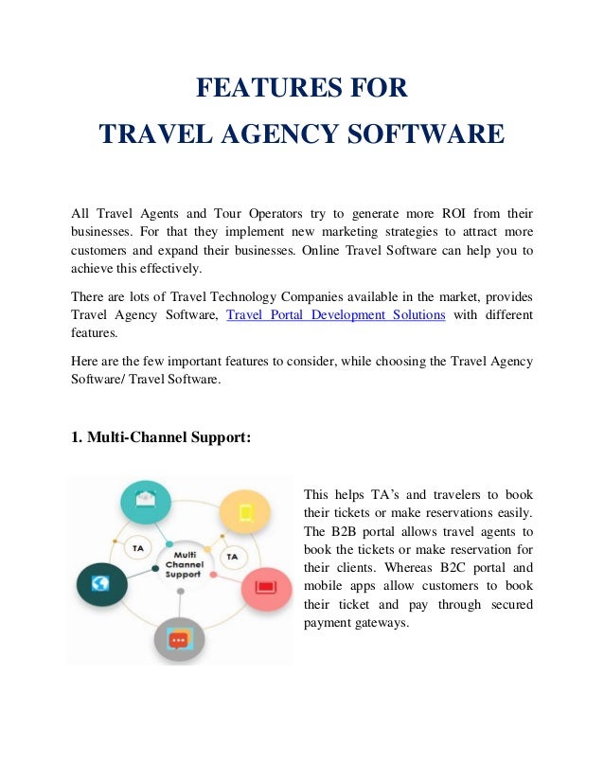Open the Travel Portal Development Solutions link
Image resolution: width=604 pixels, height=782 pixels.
click(336, 314)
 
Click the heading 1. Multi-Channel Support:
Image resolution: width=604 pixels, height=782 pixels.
click(162, 437)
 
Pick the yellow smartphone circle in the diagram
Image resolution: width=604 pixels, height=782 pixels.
click(246, 512)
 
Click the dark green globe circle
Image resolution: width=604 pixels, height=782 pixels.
click(101, 584)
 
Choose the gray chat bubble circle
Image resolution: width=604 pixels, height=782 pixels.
click(179, 639)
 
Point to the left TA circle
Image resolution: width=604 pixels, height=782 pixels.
click(139, 548)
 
